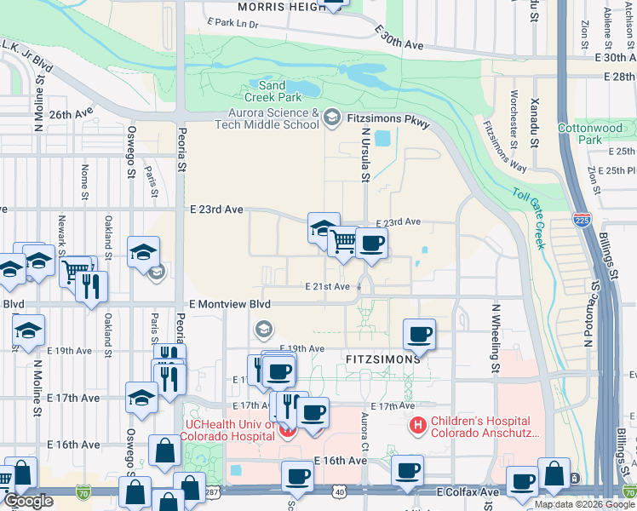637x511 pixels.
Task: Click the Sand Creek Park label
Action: [272, 92]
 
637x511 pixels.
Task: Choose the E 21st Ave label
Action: [328, 287]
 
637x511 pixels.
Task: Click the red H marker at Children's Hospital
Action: [418, 422]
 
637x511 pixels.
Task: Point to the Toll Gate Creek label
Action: [528, 217]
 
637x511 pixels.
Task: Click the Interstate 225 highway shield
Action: [582, 220]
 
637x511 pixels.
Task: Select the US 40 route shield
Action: [341, 492]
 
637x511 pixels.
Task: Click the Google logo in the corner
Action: [28, 501]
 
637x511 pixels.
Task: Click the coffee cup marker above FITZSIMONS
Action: [418, 334]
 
